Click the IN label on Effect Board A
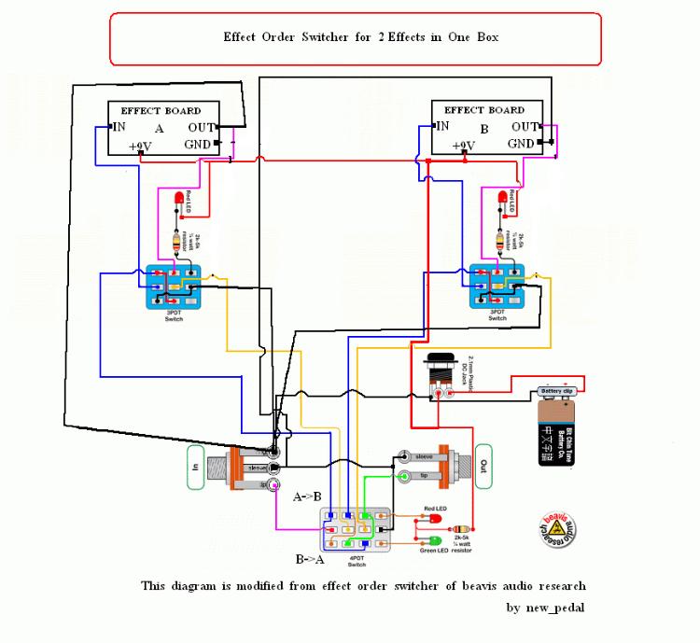click(x=119, y=126)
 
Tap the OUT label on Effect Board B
click(x=525, y=126)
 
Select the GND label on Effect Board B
click(x=521, y=144)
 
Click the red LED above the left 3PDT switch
click(x=177, y=199)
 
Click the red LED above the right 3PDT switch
click(x=502, y=199)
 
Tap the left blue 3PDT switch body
click(x=173, y=287)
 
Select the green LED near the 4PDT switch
click(x=435, y=541)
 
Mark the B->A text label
click(x=313, y=561)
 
